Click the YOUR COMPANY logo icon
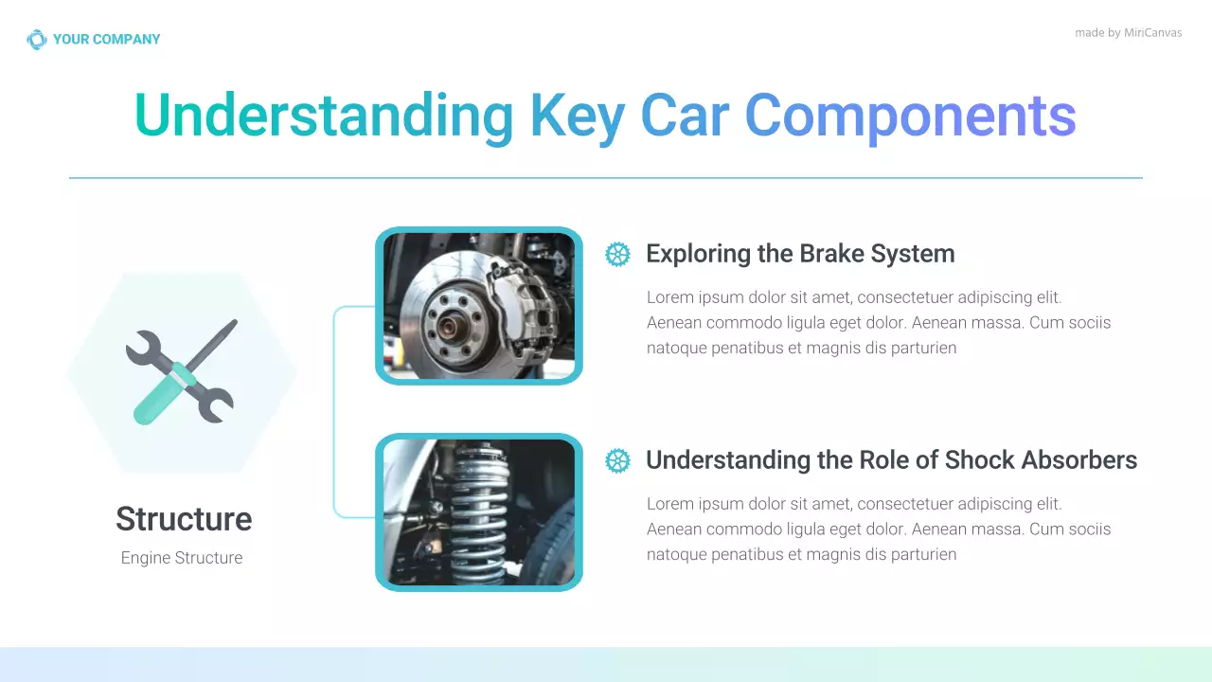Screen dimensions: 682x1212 36,40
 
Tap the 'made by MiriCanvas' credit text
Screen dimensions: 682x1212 1128,33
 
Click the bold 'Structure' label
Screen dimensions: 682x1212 183,519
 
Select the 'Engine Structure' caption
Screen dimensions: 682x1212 182,558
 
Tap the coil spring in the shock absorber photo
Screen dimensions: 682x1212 478,511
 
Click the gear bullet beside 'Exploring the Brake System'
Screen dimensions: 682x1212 617,254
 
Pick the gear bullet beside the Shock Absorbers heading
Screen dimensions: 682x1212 617,460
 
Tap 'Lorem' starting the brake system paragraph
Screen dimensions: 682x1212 670,297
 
